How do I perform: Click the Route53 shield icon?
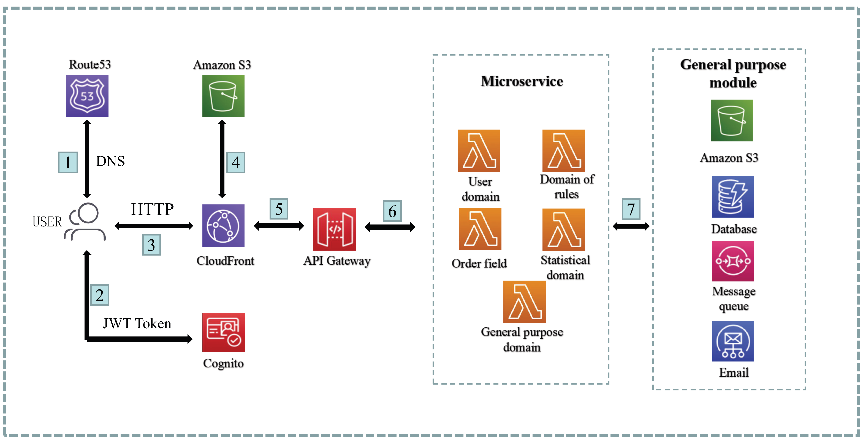click(87, 96)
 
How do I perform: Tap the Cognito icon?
click(223, 332)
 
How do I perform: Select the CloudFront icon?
click(223, 226)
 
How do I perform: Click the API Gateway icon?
click(334, 229)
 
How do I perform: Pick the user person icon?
click(86, 222)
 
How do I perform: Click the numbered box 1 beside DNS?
click(68, 162)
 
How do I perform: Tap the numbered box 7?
click(631, 209)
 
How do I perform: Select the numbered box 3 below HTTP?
click(151, 245)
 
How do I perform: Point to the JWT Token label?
click(137, 324)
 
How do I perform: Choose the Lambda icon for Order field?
click(480, 229)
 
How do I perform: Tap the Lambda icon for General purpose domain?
click(524, 302)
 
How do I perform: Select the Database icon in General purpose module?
click(733, 197)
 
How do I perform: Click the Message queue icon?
click(733, 261)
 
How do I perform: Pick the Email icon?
click(733, 341)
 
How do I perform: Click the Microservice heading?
click(522, 81)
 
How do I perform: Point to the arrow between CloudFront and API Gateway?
click(279, 226)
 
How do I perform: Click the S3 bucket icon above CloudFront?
click(223, 96)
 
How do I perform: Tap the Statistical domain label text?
click(565, 267)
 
